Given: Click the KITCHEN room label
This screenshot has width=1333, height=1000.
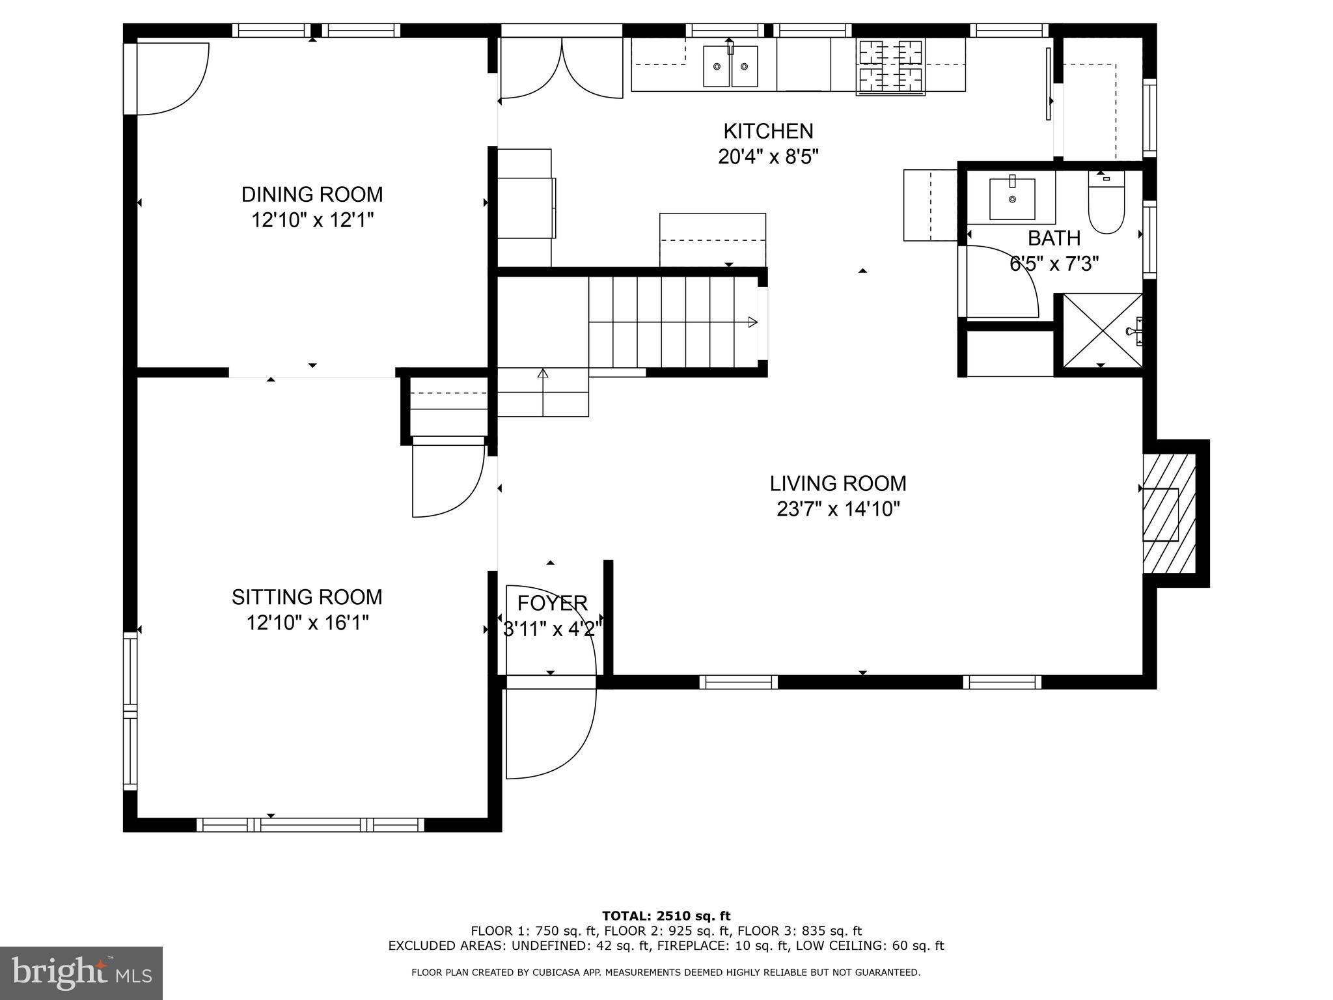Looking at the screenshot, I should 768,132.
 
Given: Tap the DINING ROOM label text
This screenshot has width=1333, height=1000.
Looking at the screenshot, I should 312,195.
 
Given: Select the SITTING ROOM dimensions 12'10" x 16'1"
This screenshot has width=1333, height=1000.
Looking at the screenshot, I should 307,623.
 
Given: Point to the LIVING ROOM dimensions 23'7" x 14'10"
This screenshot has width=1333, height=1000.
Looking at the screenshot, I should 838,508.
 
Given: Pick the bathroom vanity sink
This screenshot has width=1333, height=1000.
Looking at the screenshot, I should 1011,199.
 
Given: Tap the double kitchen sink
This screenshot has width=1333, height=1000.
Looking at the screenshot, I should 730,66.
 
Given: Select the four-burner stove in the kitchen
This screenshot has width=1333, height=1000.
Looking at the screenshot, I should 891,66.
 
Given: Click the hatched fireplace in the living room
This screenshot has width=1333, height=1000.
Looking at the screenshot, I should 1169,514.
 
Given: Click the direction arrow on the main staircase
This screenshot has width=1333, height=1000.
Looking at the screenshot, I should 752,322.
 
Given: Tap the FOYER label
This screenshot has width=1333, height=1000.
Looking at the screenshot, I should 552,604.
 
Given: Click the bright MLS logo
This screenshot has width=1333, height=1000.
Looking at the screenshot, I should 81,973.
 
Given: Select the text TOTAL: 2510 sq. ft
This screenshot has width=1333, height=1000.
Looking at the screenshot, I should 666,917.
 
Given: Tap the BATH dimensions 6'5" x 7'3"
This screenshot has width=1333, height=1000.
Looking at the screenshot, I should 1054,264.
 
